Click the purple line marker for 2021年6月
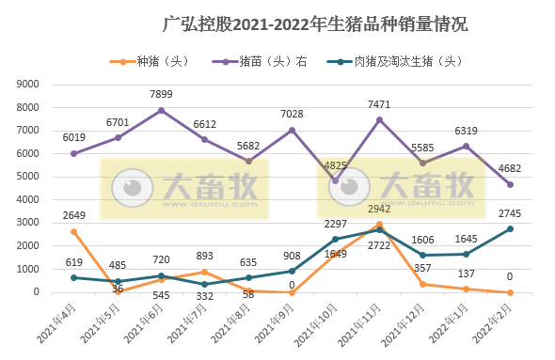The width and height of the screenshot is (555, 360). pos(162,110)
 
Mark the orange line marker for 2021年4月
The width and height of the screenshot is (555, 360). pos(73,231)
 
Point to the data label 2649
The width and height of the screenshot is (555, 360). pos(73,215)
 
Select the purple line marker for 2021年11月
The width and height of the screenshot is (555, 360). pos(379,119)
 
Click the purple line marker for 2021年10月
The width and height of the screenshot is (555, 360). pos(336,180)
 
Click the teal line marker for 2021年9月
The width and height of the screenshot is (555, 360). pos(292,271)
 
